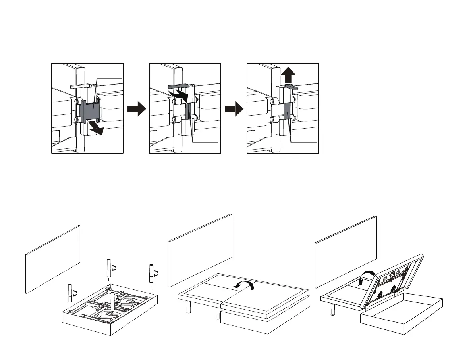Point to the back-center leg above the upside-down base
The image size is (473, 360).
(x=108, y=268)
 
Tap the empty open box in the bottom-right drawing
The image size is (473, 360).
(x=401, y=313)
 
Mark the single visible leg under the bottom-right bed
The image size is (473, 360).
(x=332, y=308)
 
